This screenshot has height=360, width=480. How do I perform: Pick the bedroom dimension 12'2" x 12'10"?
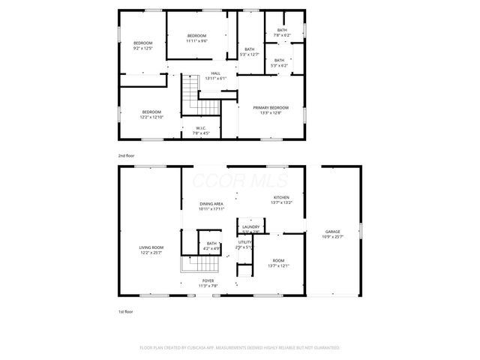click(x=151, y=117)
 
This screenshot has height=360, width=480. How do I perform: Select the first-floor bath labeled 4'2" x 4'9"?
click(x=211, y=248)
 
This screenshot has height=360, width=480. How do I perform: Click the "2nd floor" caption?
click(x=126, y=155)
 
